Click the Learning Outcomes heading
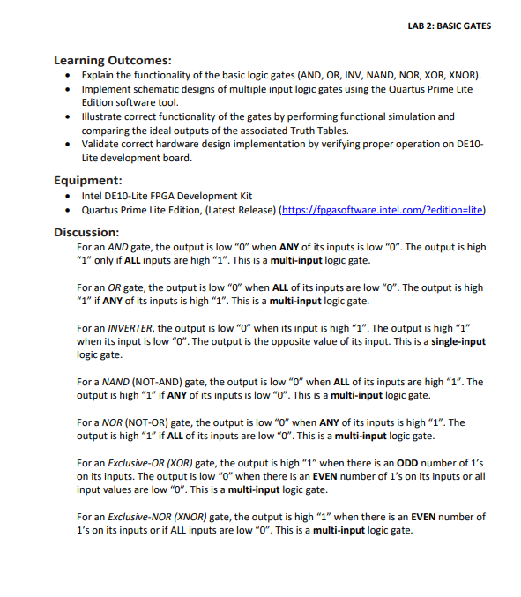pos(113,61)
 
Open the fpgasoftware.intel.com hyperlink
pos(382,210)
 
